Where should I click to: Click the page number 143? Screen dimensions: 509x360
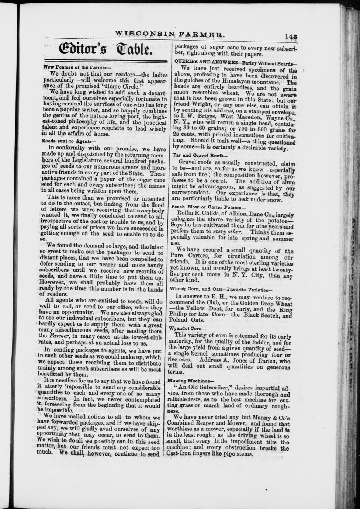(291, 37)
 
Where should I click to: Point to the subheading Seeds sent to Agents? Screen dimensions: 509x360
(69, 141)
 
